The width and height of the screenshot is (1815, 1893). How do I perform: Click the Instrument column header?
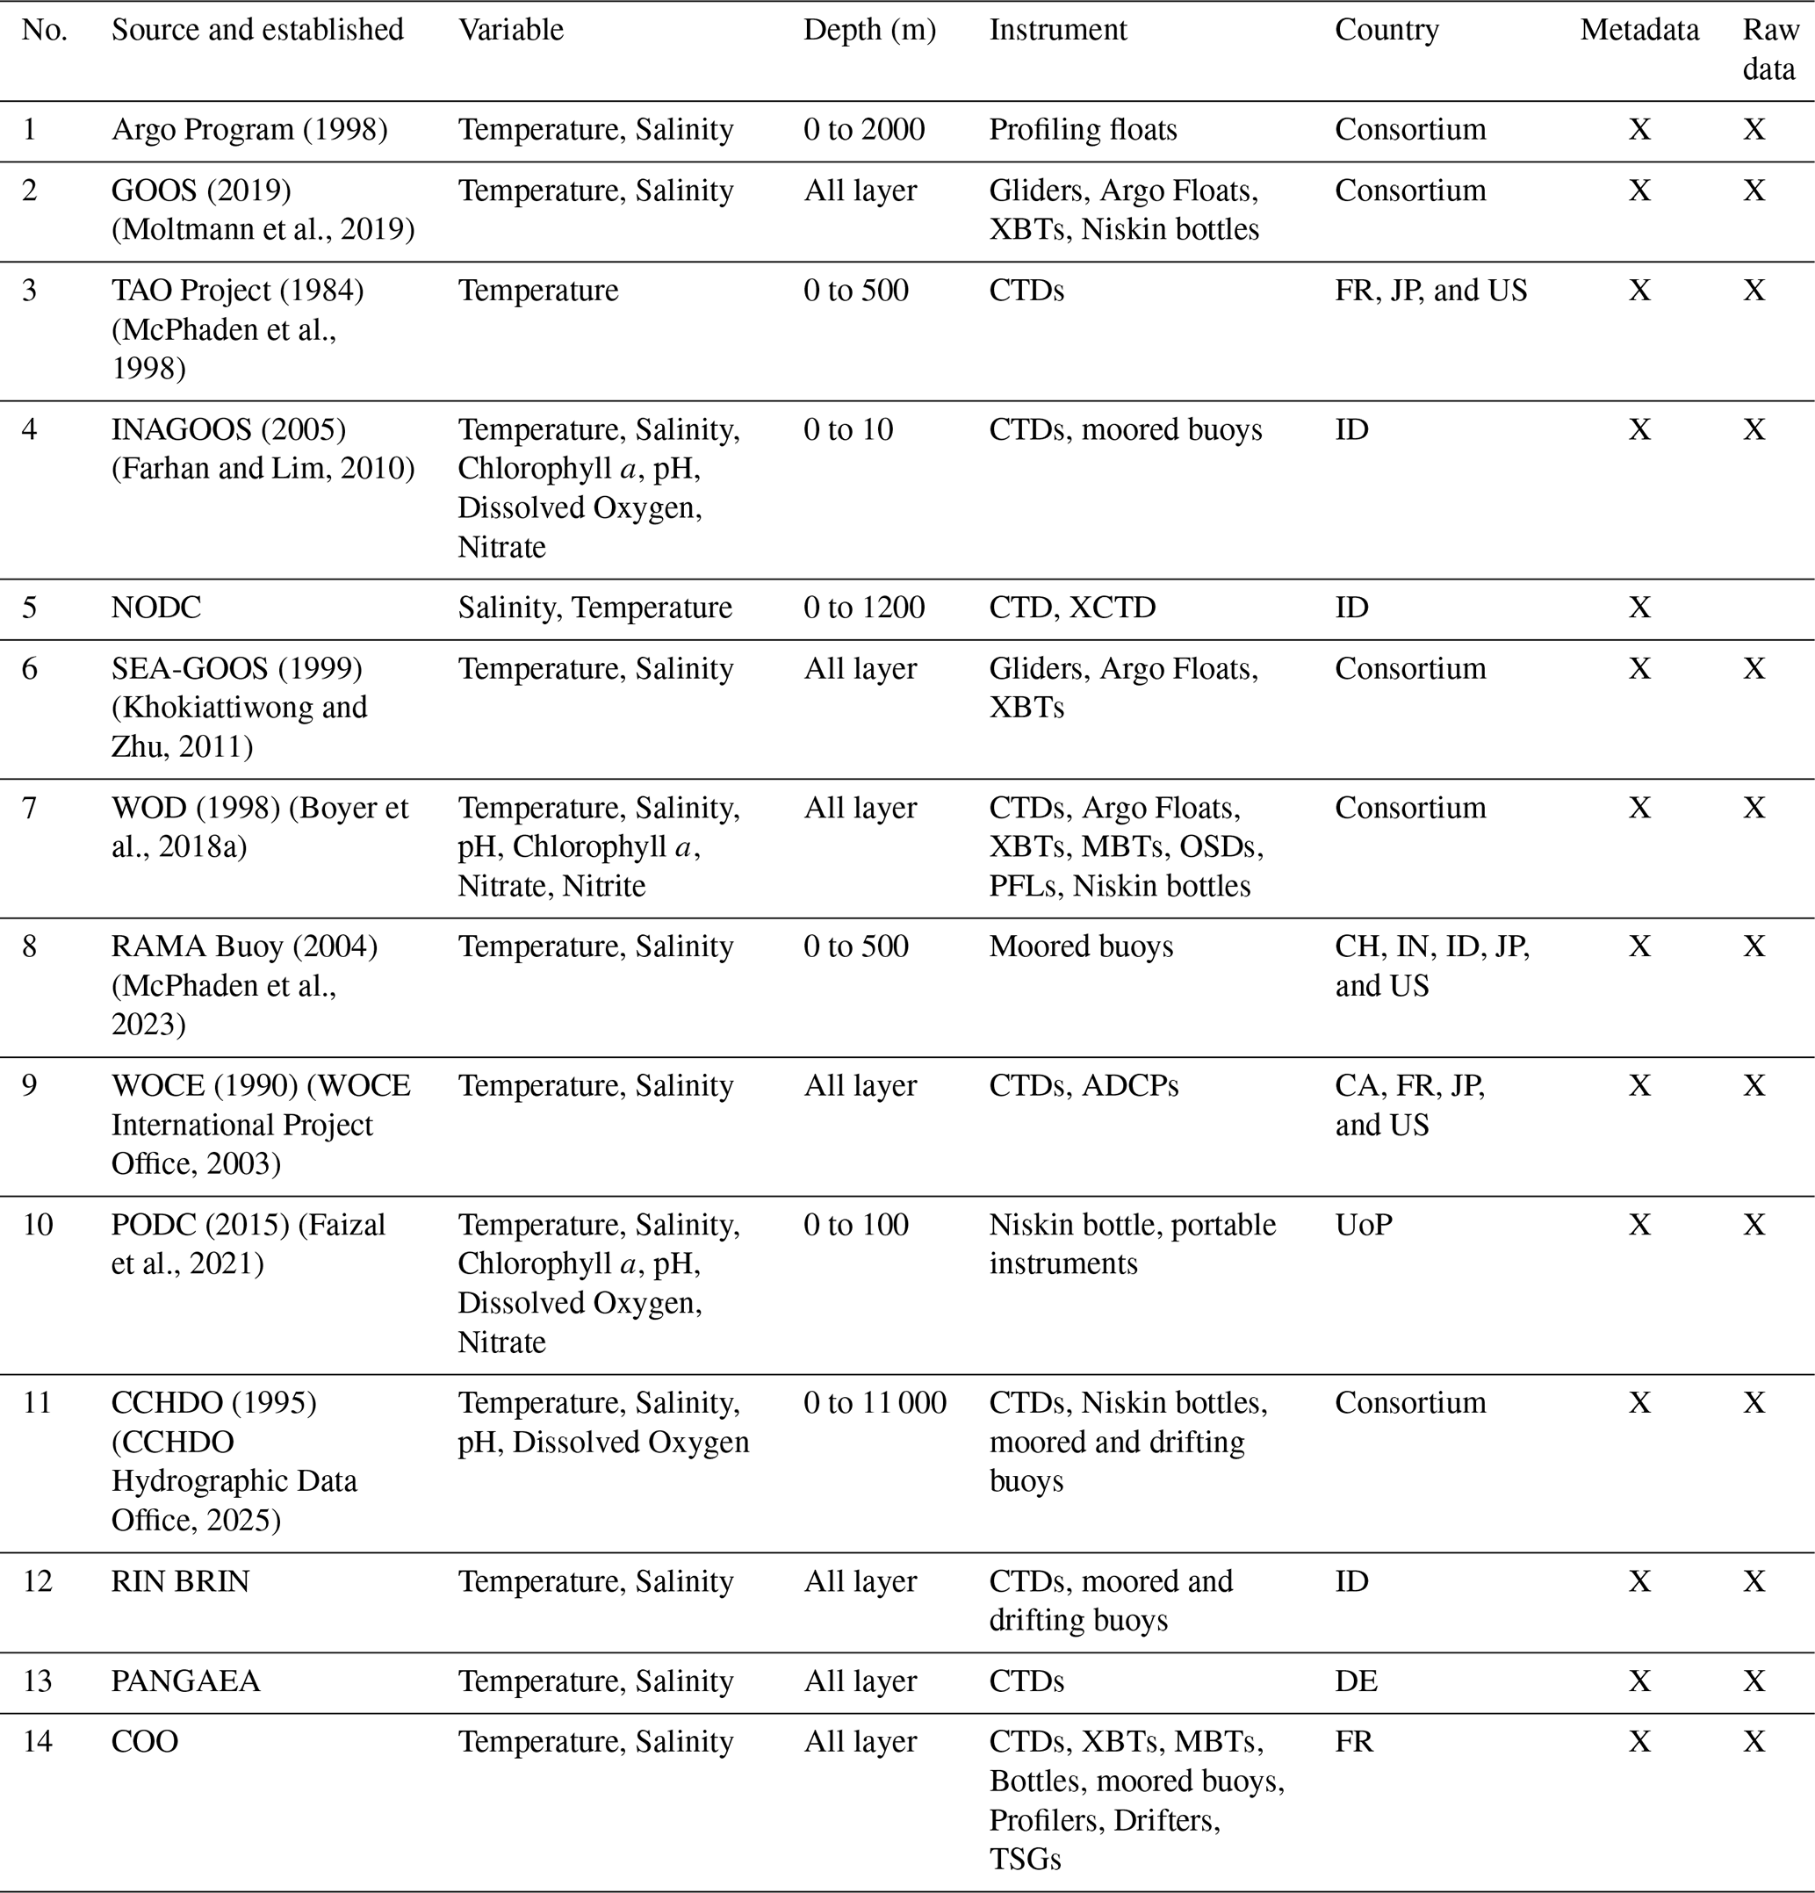point(1058,30)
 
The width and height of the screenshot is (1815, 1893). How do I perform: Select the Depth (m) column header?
point(869,30)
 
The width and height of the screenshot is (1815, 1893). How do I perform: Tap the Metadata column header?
point(1639,30)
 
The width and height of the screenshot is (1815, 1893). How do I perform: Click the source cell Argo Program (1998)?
point(249,129)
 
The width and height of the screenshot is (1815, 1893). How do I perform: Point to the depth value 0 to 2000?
point(863,129)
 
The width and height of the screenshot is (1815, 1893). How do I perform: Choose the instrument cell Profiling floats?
point(1083,129)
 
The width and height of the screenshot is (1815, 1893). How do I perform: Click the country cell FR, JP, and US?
point(1430,291)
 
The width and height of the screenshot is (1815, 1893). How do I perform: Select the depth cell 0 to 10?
point(848,428)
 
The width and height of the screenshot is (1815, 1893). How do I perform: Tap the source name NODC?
point(156,608)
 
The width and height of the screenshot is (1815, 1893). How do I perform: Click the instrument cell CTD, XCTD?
point(1072,608)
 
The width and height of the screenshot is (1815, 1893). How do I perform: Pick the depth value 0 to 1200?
point(863,608)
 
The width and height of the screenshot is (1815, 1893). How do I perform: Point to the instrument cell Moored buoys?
point(1081,946)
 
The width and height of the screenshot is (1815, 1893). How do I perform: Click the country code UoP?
point(1363,1225)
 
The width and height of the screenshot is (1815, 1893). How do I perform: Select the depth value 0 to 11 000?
point(875,1402)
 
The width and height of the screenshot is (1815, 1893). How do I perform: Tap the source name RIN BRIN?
point(181,1581)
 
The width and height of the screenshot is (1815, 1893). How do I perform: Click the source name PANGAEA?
point(185,1681)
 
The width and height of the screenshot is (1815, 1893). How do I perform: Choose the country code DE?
point(1356,1681)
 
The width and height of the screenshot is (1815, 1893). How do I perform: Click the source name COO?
point(145,1741)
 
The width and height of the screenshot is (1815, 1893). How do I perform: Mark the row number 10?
point(37,1225)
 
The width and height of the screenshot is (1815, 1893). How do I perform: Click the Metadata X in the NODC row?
point(1639,608)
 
